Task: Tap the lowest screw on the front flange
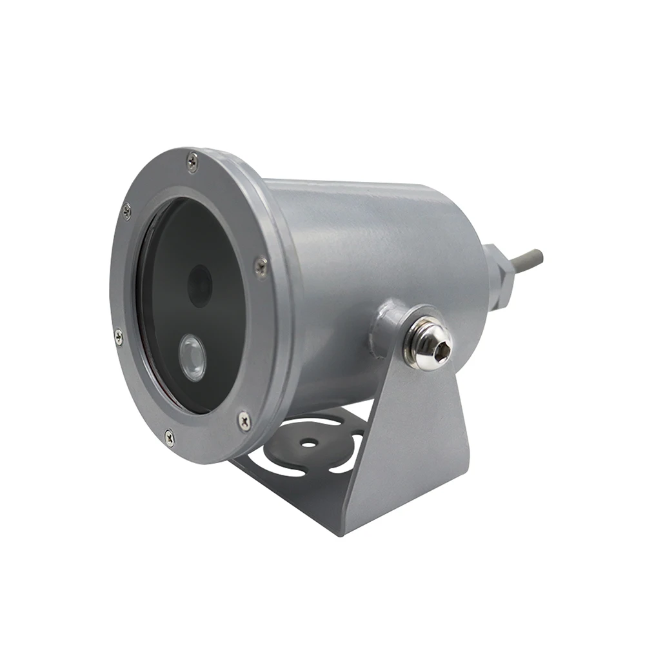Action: coord(170,437)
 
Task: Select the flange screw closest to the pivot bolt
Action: coord(261,266)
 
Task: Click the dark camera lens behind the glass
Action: coord(199,284)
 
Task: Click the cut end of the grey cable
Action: coord(541,255)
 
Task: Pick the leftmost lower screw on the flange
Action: coord(118,336)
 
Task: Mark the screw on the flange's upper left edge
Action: coord(127,210)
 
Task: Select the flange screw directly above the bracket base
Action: coord(244,421)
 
